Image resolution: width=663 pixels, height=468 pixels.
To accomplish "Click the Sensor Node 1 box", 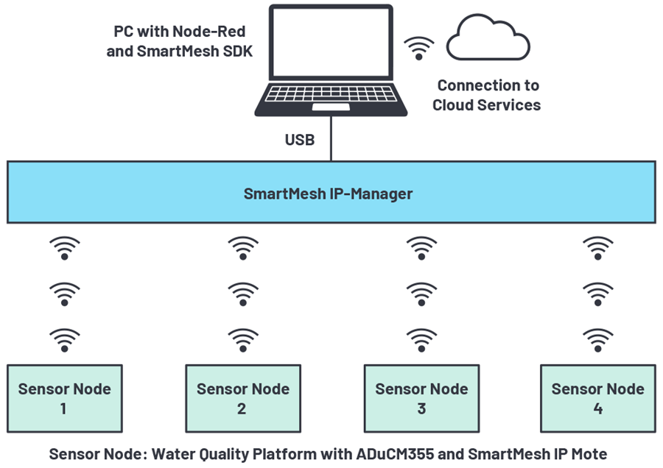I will coord(64,398).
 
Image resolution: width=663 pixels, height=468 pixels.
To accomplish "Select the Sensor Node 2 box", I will coord(242,398).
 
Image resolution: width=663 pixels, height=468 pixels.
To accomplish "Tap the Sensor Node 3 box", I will coord(421,398).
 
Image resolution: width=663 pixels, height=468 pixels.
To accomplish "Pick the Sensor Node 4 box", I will coord(597,398).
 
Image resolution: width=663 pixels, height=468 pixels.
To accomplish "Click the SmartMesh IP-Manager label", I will coord(328,194).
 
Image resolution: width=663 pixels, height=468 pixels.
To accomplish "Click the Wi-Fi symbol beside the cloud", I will coord(418,48).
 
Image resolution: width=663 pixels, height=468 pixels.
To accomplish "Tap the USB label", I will coord(300,139).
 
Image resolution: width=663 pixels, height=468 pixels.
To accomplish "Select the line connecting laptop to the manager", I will coord(331,140).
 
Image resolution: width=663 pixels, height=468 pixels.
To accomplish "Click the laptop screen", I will coord(330,41).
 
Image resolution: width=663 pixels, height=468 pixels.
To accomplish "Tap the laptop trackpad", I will coord(330,107).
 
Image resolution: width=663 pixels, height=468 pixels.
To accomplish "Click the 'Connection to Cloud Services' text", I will coord(487,96).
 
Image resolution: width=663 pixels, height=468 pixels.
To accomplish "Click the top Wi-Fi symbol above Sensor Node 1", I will coord(65,248).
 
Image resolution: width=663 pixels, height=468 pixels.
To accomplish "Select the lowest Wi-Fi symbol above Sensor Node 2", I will coord(242,340).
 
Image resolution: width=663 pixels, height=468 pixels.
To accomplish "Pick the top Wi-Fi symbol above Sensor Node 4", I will coord(597,248).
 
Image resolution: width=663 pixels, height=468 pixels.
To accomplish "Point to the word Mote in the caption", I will coord(590,454).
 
